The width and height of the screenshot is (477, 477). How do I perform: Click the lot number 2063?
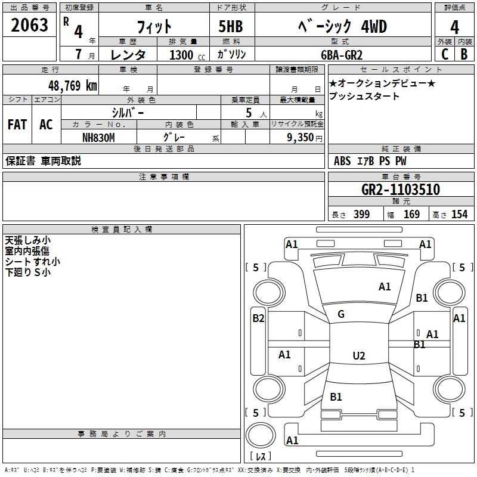point(29,25)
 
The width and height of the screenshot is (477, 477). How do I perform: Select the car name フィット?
point(154,27)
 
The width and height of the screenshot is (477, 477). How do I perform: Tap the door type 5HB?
point(231,26)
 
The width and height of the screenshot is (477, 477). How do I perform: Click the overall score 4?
point(454,27)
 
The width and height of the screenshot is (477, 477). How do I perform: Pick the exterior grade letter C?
point(445,54)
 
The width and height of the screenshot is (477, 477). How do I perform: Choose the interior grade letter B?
point(464,54)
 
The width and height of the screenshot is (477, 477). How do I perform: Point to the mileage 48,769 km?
point(73,86)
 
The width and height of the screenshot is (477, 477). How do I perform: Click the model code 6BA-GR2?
point(342,55)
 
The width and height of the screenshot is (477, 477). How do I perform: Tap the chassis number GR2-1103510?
point(401,190)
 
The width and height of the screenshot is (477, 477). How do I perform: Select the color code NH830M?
point(98,138)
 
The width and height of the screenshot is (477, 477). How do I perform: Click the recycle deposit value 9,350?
point(300,138)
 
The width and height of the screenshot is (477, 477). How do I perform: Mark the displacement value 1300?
point(181,55)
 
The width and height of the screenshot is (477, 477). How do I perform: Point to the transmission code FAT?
point(17,125)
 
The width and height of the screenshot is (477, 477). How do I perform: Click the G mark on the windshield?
point(341,314)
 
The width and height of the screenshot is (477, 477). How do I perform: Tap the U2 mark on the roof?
point(359,355)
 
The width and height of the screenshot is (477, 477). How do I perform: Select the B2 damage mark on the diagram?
point(258,318)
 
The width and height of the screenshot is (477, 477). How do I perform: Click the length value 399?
point(362,214)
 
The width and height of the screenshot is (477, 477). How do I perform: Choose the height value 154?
point(459,214)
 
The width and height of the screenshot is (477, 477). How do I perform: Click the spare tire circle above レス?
point(261,435)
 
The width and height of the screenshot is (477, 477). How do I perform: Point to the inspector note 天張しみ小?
point(27,240)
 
